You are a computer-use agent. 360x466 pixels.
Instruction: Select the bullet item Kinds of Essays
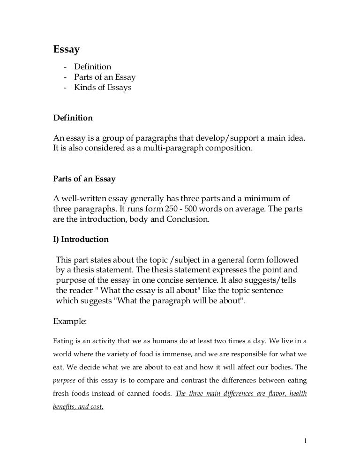click(103, 87)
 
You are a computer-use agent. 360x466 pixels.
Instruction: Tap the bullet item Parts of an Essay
click(105, 77)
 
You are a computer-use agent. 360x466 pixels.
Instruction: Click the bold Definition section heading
click(72, 118)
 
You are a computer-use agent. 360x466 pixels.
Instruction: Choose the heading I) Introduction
click(80, 240)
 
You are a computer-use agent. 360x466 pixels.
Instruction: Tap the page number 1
click(305, 441)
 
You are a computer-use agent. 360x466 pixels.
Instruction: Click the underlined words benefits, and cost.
click(78, 407)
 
